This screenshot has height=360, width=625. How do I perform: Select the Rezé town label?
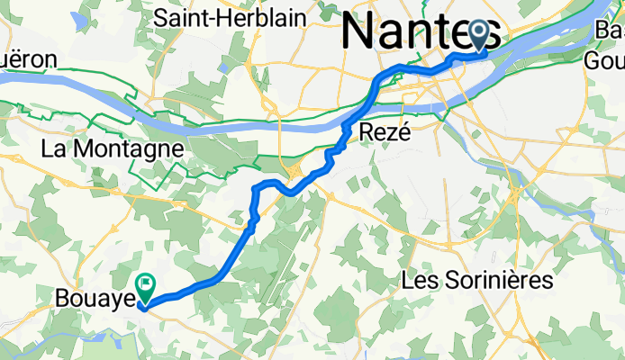pos(385,133)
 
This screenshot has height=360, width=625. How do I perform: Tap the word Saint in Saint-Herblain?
pos(182,16)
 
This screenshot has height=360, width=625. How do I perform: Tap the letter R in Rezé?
pos(367,133)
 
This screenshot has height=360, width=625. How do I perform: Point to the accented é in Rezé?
pos(403,133)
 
